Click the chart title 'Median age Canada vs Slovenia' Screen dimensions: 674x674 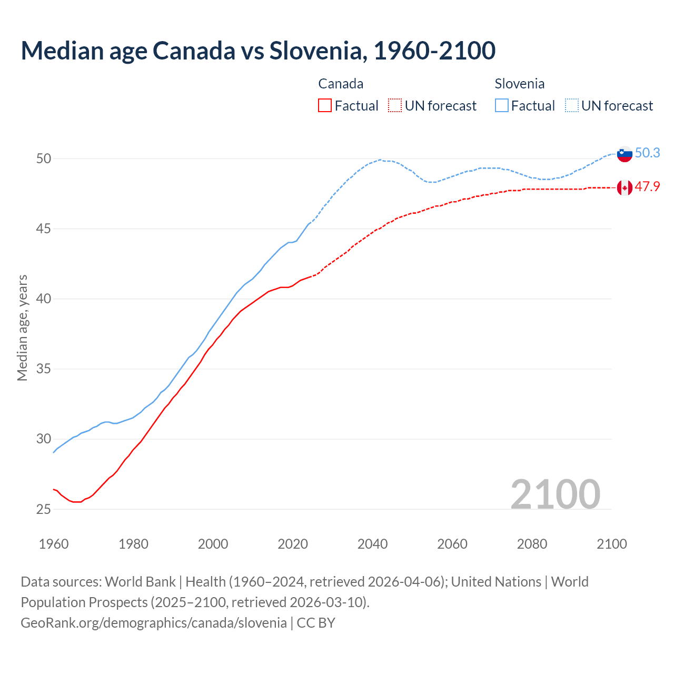pyautogui.click(x=258, y=51)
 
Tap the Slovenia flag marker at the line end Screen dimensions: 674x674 pyautogui.click(x=625, y=154)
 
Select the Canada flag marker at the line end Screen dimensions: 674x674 pyautogui.click(x=625, y=187)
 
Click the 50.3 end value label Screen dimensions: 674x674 pyautogui.click(x=647, y=153)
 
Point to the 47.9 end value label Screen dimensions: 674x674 pyautogui.click(x=647, y=186)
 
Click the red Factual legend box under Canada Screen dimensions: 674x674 pyautogui.click(x=325, y=105)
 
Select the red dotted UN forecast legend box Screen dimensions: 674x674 pyautogui.click(x=395, y=105)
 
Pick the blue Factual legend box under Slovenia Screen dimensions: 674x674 pyautogui.click(x=502, y=105)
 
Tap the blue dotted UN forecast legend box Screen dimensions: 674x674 pyautogui.click(x=572, y=105)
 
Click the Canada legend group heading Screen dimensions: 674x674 pyautogui.click(x=341, y=84)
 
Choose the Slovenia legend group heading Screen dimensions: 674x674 pyautogui.click(x=519, y=84)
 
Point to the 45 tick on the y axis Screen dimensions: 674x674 pyautogui.click(x=44, y=229)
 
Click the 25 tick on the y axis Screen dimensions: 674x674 pyautogui.click(x=44, y=509)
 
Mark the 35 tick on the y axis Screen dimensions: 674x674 pyautogui.click(x=44, y=369)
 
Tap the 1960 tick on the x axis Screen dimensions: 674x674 pyautogui.click(x=54, y=544)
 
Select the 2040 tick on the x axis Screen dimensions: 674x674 pyautogui.click(x=372, y=544)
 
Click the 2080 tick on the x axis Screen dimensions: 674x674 pyautogui.click(x=532, y=544)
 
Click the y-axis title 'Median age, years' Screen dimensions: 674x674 pyautogui.click(x=22, y=328)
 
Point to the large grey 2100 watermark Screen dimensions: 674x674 pyautogui.click(x=555, y=494)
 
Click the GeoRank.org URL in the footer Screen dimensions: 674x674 pyautogui.click(x=153, y=623)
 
